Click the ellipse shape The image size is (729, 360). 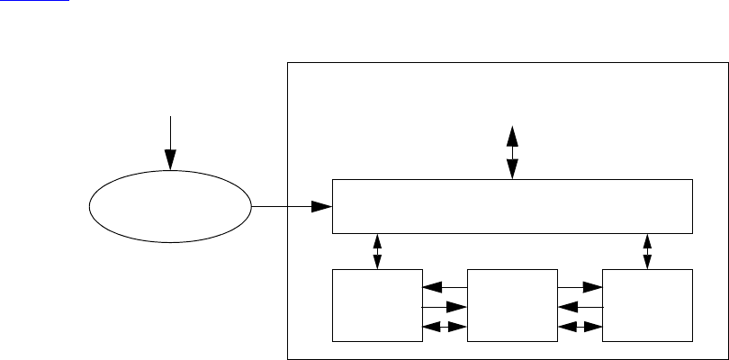coord(169,208)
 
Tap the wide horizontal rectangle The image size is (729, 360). coord(512,206)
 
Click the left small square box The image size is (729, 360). coord(377,304)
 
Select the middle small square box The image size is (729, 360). coord(512,304)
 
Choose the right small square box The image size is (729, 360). coord(648,304)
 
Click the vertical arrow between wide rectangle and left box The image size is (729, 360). coord(377,251)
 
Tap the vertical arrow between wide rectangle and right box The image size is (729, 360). coord(648,251)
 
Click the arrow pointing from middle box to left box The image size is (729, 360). coord(445,288)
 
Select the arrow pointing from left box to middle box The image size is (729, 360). coord(445,308)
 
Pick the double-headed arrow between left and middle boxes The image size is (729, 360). coord(445,328)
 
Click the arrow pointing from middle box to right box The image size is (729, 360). coord(580,288)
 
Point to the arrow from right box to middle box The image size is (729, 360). coord(580,308)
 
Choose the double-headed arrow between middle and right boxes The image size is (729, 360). coord(580,328)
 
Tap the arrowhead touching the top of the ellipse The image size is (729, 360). coord(169,163)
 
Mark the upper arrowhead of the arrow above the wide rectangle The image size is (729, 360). coord(512,134)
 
